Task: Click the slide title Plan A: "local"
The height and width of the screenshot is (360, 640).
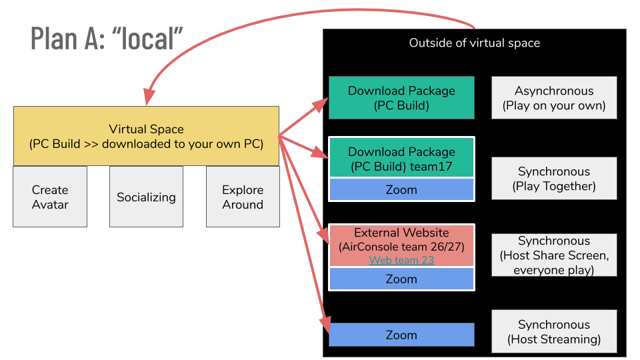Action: tap(107, 39)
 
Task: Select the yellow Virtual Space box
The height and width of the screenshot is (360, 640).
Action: tap(146, 136)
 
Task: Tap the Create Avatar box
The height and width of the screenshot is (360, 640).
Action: tap(50, 197)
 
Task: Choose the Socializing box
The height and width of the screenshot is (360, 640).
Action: tap(146, 197)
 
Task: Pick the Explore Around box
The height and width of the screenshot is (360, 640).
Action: tap(243, 197)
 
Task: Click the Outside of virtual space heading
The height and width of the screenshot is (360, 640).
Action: tap(474, 43)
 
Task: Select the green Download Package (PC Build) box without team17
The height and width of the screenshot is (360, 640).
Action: tap(401, 97)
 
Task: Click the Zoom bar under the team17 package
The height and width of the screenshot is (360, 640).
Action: tap(401, 189)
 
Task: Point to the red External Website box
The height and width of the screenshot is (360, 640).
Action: tap(401, 245)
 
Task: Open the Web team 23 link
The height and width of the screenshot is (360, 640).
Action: tap(401, 260)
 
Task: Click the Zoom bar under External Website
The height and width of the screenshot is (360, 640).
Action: tap(401, 279)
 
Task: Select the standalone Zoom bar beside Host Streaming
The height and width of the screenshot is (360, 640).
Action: tap(401, 335)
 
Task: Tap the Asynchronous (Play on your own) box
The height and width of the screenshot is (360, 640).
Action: tap(554, 97)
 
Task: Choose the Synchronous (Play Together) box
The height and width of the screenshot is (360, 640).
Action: tap(554, 179)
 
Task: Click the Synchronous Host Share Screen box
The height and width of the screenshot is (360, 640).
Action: tap(554, 255)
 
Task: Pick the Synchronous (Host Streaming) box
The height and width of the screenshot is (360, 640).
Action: tap(554, 331)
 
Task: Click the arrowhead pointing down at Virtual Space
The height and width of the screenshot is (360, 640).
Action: tap(149, 97)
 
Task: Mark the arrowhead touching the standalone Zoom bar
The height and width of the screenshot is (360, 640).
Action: tap(325, 325)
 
